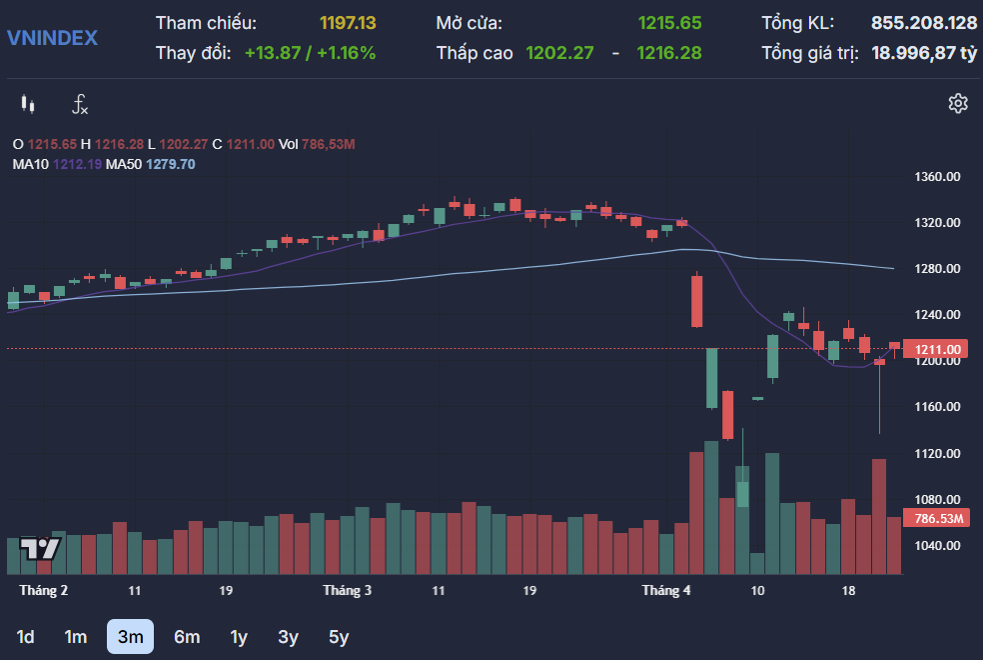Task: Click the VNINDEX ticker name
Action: [52, 38]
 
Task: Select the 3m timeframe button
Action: [130, 636]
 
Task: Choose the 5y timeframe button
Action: [339, 636]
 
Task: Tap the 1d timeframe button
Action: [26, 636]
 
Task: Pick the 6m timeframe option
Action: [187, 636]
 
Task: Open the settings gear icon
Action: [958, 103]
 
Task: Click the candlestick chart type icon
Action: [28, 103]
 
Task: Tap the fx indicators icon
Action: [80, 103]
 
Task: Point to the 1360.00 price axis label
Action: [937, 177]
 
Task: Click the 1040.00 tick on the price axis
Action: [937, 546]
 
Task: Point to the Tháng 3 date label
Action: [347, 590]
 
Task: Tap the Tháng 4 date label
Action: [666, 590]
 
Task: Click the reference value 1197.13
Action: [348, 22]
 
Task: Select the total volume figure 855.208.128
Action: [924, 22]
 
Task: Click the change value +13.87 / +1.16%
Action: [310, 53]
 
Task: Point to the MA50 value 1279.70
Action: [171, 164]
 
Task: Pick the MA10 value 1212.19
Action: [77, 164]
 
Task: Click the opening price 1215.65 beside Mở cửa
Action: [669, 22]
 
